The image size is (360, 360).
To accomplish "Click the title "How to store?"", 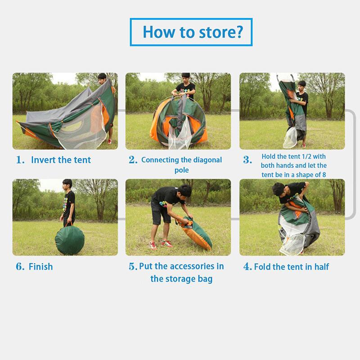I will click(193, 32).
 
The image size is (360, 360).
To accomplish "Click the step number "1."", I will click(21, 160).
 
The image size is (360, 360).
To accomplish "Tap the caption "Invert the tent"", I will click(61, 160).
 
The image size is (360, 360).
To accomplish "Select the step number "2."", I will click(133, 160).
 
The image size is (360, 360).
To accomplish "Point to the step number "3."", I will click(247, 160).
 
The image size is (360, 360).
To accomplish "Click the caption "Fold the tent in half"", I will click(292, 266).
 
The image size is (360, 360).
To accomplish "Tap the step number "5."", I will click(133, 266).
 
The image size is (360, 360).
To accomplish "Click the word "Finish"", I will click(40, 266).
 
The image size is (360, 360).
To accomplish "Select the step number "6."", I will click(20, 266).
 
